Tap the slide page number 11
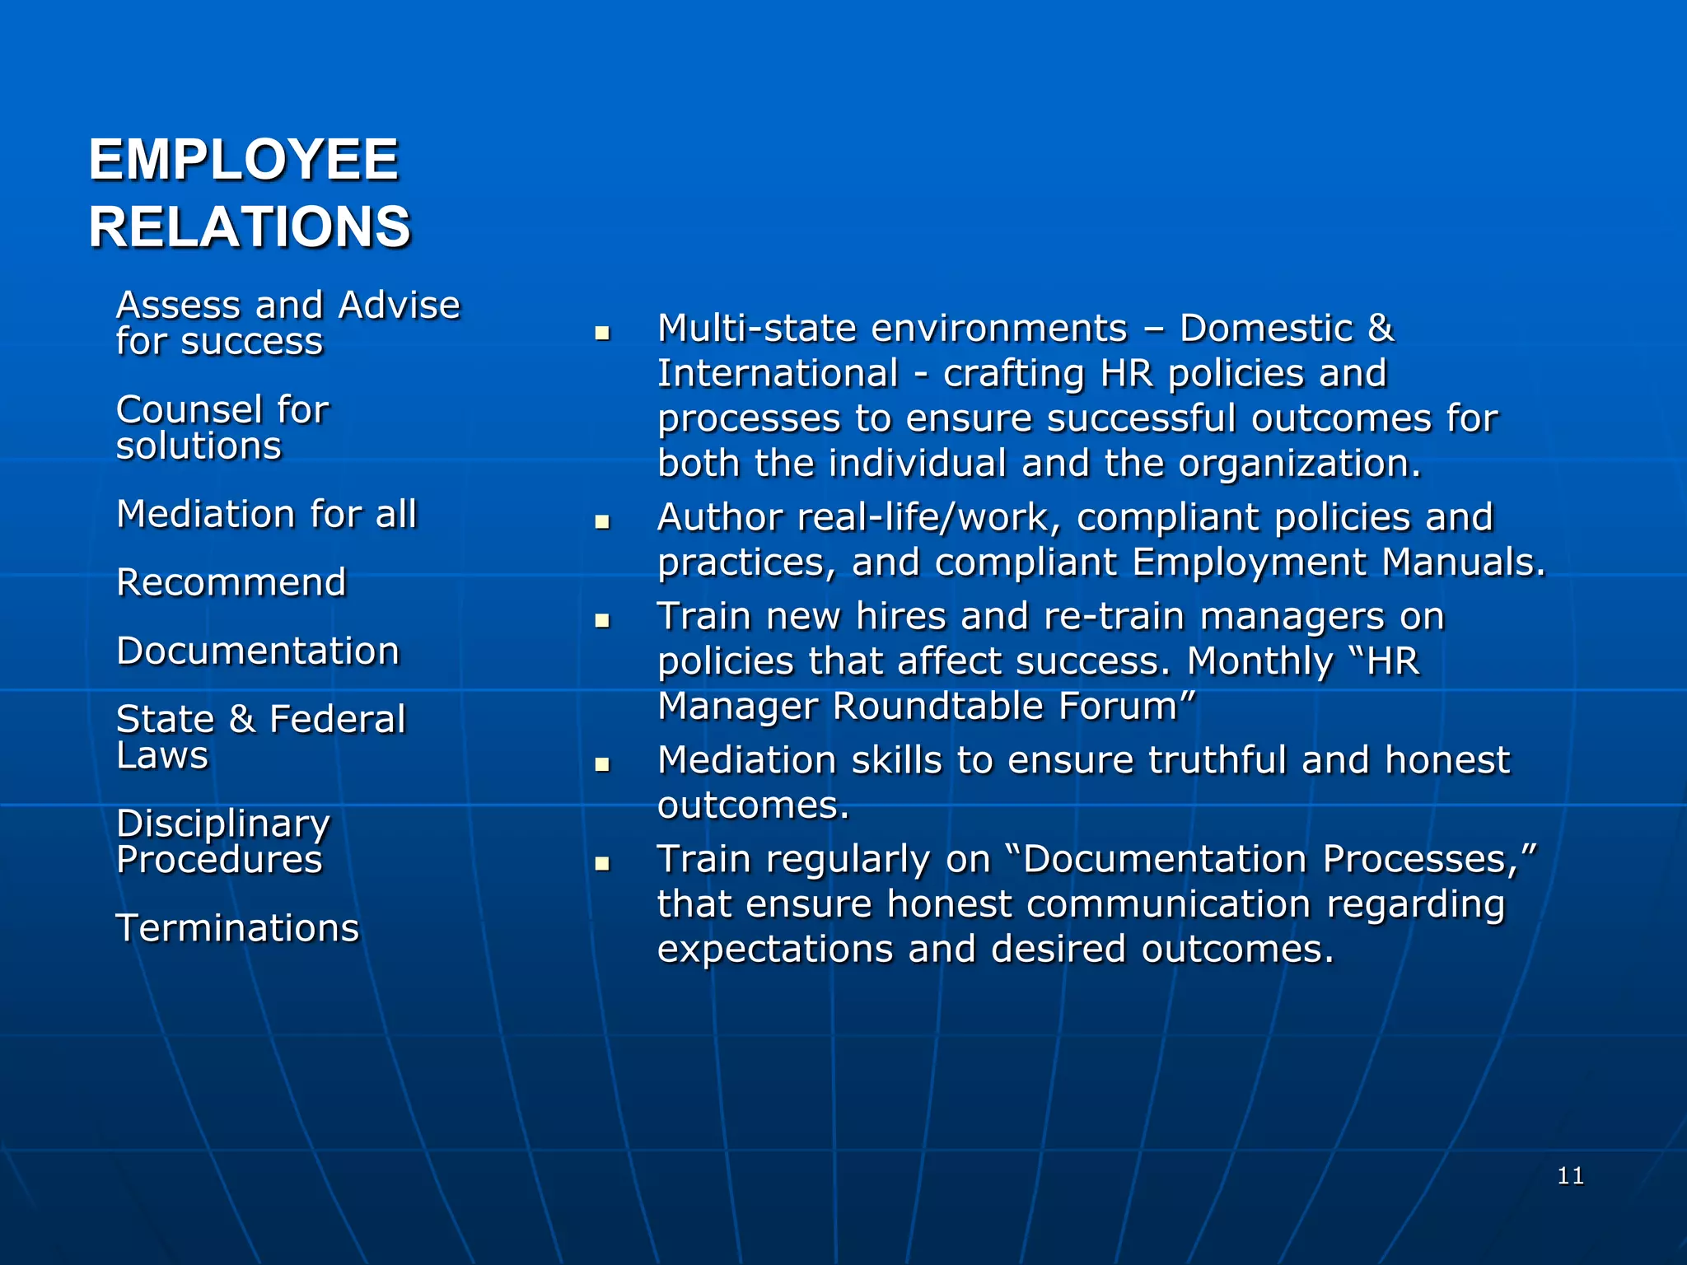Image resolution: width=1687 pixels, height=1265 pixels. coord(1570,1175)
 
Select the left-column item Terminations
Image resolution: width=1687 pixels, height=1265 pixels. coord(237,927)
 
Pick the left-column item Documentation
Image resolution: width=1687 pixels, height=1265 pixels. coord(258,651)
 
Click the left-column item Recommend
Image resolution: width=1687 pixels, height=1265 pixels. coord(231,582)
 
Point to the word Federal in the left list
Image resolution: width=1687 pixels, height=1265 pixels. coord(338,719)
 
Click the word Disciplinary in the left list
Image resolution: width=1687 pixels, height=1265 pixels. coord(223,823)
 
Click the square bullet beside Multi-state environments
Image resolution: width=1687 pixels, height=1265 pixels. coord(602,334)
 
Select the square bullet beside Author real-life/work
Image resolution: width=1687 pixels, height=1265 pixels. coord(602,522)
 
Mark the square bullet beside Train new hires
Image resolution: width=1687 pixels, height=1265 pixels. coord(602,621)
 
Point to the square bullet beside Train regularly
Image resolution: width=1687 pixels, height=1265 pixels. coord(602,864)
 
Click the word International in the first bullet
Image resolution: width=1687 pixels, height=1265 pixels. coord(778,373)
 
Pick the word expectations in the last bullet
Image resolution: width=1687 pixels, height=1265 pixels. coord(774,949)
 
